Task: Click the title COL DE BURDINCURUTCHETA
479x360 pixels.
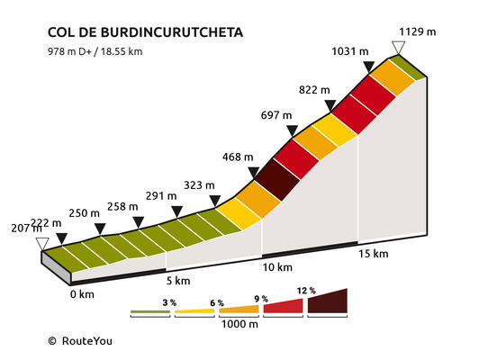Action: click(145, 32)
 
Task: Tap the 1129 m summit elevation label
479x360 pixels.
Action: click(417, 31)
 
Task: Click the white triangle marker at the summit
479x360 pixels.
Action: click(398, 48)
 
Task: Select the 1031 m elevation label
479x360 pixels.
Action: click(350, 51)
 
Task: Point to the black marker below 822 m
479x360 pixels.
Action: click(330, 105)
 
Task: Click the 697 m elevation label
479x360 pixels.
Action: click(276, 115)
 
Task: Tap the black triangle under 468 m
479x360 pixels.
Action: click(254, 173)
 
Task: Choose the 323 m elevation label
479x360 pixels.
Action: click(199, 185)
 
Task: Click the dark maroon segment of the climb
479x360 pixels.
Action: click(277, 180)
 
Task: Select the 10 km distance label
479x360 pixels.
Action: click(277, 267)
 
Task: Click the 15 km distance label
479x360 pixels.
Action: click(374, 254)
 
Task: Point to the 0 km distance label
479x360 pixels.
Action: click(82, 294)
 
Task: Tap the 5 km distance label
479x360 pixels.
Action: click(178, 281)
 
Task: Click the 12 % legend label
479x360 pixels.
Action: click(306, 291)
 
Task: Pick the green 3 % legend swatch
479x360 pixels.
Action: click(150, 311)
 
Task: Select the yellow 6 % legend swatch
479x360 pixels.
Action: click(194, 311)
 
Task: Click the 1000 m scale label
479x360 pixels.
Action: click(239, 324)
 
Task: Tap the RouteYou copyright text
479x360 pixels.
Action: click(80, 341)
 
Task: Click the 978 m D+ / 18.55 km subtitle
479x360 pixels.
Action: click(95, 51)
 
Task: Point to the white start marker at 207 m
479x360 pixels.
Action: click(42, 244)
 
